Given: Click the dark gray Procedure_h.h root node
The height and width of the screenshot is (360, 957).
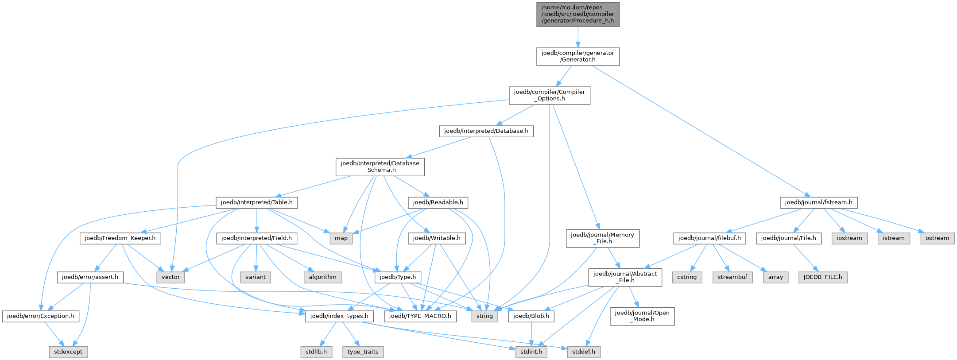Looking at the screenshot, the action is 577,15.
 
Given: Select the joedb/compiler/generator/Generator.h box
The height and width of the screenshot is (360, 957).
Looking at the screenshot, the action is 577,57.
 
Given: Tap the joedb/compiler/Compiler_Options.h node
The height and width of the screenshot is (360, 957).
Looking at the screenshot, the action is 549,96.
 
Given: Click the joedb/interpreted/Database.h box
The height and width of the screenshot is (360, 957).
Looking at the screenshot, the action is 486,131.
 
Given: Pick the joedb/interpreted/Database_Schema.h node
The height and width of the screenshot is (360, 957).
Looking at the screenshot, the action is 380,167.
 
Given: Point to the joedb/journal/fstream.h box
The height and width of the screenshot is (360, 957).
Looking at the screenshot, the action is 818,202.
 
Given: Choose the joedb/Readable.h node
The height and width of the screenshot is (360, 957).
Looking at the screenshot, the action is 438,202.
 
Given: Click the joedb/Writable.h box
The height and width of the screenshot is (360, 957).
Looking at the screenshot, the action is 437,238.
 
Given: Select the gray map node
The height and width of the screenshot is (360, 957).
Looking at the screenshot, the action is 341,238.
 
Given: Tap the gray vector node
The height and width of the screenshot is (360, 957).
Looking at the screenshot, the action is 170,277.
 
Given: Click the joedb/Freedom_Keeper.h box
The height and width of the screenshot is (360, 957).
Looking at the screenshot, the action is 120,238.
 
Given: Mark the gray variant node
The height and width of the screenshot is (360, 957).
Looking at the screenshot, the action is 256,277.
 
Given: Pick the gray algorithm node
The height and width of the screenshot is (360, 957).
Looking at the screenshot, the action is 322,277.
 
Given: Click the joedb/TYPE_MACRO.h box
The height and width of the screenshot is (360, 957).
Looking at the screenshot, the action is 420,316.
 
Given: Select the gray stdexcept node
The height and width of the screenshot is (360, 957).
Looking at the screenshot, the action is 68,352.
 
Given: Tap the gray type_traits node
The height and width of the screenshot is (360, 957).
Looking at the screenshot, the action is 363,352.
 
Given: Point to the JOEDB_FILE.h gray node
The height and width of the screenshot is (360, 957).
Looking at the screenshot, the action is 823,277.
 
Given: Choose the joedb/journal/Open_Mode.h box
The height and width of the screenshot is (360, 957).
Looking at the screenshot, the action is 642,316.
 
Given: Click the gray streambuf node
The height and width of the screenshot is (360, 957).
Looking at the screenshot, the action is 732,277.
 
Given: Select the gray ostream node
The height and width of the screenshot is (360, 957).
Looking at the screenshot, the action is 938,238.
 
